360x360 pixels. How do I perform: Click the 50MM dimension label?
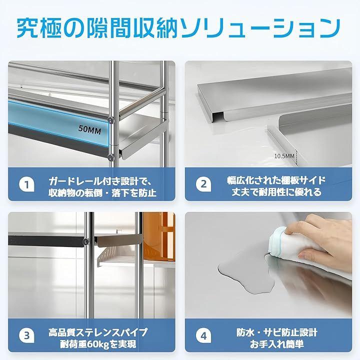[x=89, y=130]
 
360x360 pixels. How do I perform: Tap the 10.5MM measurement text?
[x=284, y=156]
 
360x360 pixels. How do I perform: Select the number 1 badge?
[x=26, y=184]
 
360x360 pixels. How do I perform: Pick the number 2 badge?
[x=203, y=184]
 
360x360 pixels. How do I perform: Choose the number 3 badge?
[x=26, y=335]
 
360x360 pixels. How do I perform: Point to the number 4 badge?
[x=203, y=335]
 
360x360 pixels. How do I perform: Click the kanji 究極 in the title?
[x=39, y=28]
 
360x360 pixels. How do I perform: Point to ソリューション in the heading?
[x=260, y=28]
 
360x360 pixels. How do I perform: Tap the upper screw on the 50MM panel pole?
[x=111, y=119]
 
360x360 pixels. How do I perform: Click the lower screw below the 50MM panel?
[x=110, y=157]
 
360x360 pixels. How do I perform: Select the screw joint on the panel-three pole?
[x=86, y=241]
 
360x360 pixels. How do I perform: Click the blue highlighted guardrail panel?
[x=58, y=123]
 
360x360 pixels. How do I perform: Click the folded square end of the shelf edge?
[x=217, y=116]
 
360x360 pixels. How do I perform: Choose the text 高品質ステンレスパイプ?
[x=98, y=332]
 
